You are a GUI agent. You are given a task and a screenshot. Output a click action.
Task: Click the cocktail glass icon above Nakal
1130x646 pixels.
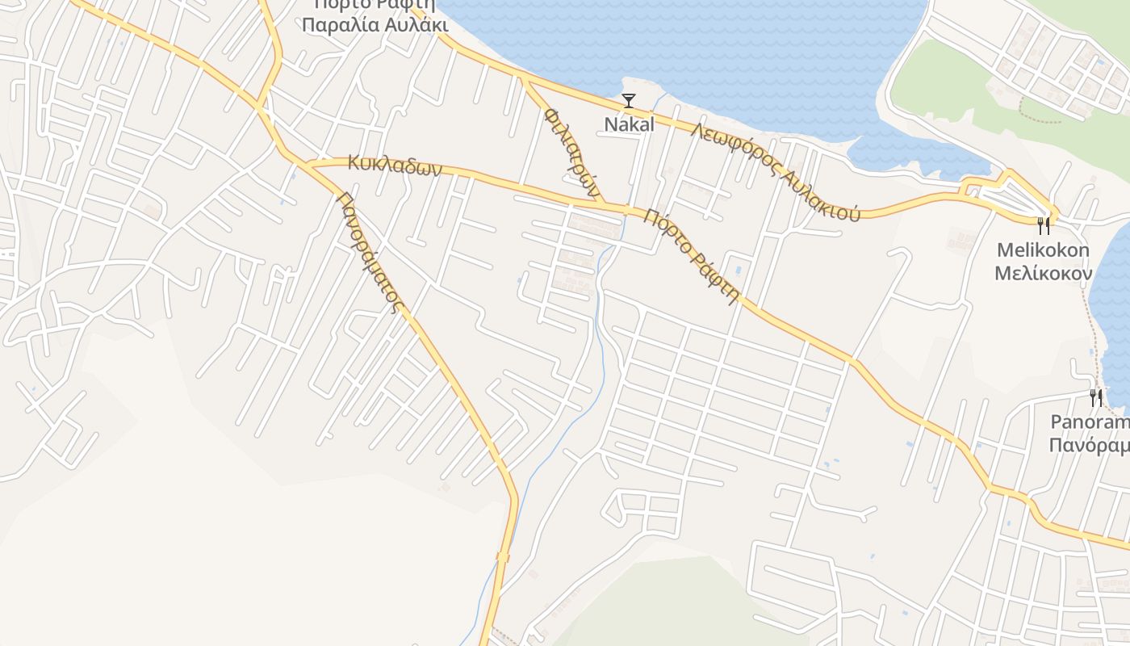pyautogui.click(x=629, y=101)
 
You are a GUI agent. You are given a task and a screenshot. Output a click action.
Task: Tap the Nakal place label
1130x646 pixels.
pyautogui.click(x=629, y=124)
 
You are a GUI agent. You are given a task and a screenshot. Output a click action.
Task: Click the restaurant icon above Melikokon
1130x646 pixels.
pyautogui.click(x=1044, y=225)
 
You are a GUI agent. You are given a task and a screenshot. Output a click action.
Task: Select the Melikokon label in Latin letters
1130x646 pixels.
pyautogui.click(x=1043, y=250)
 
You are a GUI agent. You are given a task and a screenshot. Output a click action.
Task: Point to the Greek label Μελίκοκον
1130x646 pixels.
pyautogui.click(x=1043, y=273)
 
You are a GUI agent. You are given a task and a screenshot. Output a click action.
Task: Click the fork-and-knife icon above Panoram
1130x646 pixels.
pyautogui.click(x=1096, y=397)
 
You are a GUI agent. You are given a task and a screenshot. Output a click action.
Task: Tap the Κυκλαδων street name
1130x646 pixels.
pyautogui.click(x=395, y=166)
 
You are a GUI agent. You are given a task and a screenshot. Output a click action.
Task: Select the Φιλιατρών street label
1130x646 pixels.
pyautogui.click(x=572, y=153)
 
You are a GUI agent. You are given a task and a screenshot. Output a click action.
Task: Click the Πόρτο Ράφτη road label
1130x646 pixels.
pyautogui.click(x=692, y=254)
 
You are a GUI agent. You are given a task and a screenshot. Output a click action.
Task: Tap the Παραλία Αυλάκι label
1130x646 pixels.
pyautogui.click(x=375, y=24)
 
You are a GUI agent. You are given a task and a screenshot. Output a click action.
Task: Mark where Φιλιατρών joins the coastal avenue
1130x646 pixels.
pyautogui.click(x=524, y=78)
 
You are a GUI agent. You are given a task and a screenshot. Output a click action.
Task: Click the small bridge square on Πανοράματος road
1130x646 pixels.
pyautogui.click(x=503, y=557)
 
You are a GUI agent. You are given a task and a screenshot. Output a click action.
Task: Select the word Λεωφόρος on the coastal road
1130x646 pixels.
pyautogui.click(x=726, y=148)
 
